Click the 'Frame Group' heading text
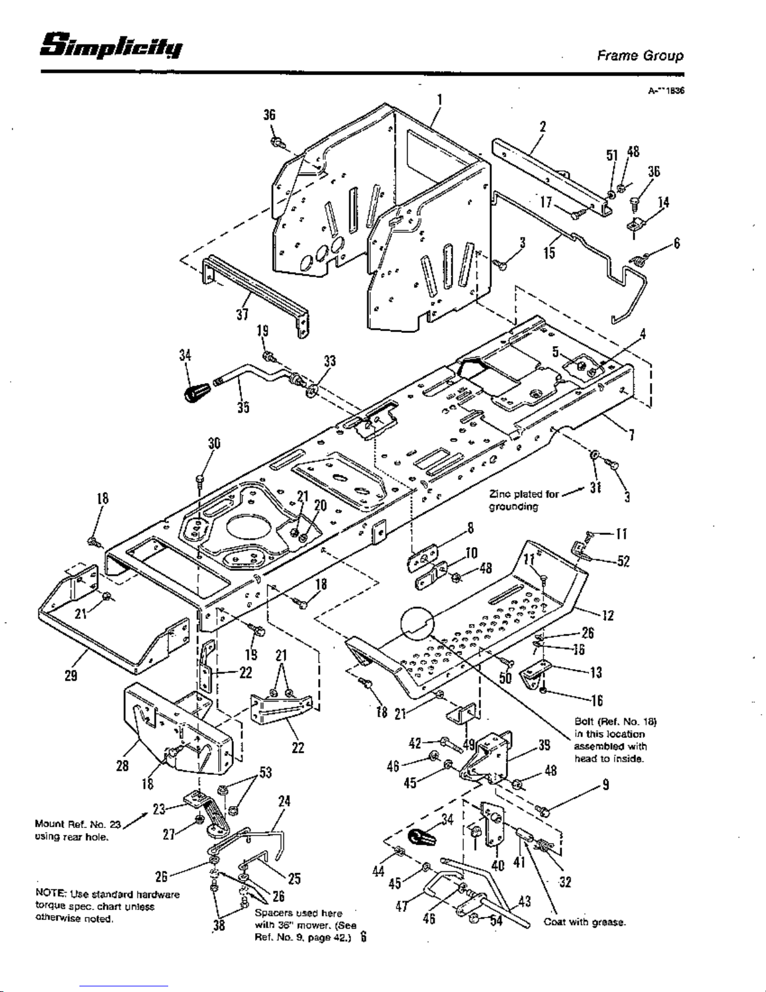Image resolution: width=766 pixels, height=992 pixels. [640, 55]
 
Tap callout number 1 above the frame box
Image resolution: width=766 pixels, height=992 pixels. [440, 100]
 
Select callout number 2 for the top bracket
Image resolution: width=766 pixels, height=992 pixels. [543, 126]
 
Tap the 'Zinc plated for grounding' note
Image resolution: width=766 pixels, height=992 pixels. [523, 500]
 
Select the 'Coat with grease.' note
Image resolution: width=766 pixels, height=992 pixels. [584, 922]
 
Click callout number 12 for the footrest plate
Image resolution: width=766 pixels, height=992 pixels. [607, 615]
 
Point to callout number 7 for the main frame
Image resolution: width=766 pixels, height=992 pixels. [632, 435]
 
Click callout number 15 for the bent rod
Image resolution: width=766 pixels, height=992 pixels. [550, 252]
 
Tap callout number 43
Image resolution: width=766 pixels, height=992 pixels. [525, 901]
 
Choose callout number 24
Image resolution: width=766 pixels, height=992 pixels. [284, 801]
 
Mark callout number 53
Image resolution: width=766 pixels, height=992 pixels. [266, 772]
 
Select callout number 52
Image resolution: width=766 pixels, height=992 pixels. [623, 561]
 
